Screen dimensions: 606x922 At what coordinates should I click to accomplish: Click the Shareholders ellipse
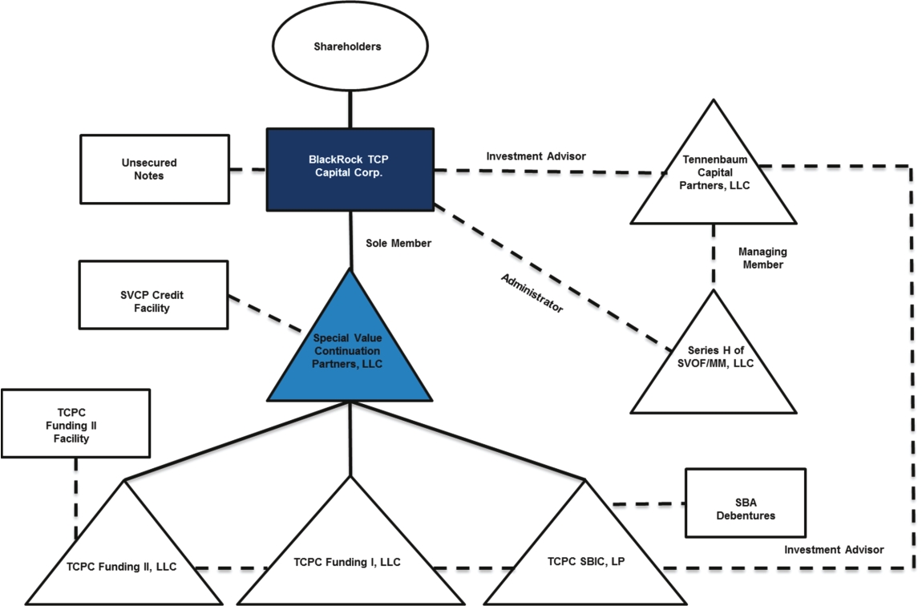(347, 46)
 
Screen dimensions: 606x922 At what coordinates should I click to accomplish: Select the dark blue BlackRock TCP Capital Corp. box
(350, 169)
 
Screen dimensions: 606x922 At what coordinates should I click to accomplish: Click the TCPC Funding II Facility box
(77, 423)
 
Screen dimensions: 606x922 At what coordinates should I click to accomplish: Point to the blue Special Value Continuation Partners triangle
(349, 353)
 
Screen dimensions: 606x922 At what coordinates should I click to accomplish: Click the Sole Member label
(398, 243)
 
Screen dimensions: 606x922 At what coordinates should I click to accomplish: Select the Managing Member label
(759, 258)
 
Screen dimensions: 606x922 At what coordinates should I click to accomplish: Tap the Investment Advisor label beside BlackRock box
(536, 156)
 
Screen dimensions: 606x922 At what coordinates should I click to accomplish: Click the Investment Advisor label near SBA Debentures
(834, 550)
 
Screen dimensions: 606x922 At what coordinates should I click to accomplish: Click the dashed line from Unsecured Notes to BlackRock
(246, 170)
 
